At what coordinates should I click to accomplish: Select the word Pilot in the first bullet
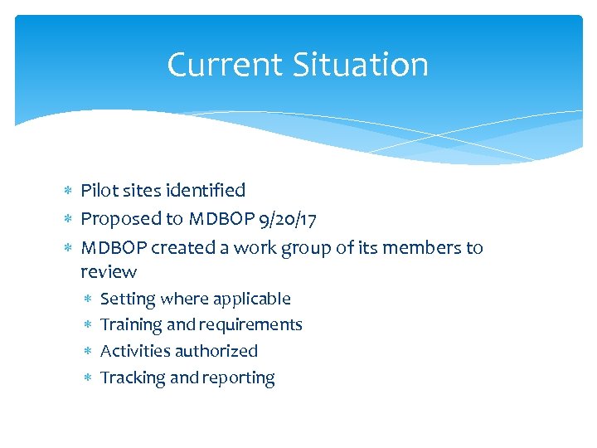pos(98,191)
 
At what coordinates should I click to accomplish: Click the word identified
pos(206,191)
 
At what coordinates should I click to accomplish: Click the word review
pos(109,272)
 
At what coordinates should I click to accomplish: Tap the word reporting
pos(240,378)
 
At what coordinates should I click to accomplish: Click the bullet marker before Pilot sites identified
pos(68,191)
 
